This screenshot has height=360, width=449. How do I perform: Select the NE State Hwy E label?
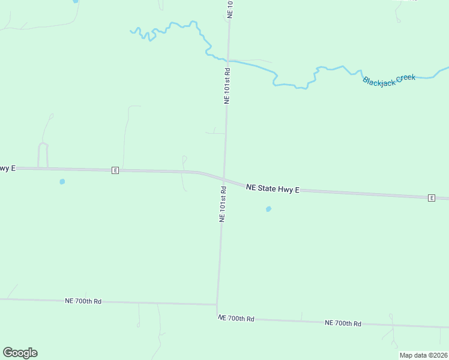pos(273,188)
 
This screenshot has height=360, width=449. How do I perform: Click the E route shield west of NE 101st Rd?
pos(115,170)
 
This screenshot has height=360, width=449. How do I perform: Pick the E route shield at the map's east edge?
pos(431,197)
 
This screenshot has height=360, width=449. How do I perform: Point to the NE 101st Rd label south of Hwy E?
pos(222,204)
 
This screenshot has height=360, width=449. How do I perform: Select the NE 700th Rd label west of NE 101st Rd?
pos(83,301)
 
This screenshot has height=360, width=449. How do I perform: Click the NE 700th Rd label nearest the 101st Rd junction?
pos(236,318)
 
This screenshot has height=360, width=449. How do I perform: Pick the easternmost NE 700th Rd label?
pos(343,323)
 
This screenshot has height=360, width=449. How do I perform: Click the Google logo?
pos(20,353)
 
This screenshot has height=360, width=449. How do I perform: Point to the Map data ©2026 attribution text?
pos(423,355)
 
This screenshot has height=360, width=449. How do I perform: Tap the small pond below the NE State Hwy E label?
pos(268,209)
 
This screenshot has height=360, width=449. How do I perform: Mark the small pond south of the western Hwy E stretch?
pos(62,181)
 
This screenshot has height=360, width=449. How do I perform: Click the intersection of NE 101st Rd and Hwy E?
pos(224,178)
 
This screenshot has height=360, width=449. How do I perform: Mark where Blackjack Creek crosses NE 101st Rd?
pos(228,60)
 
